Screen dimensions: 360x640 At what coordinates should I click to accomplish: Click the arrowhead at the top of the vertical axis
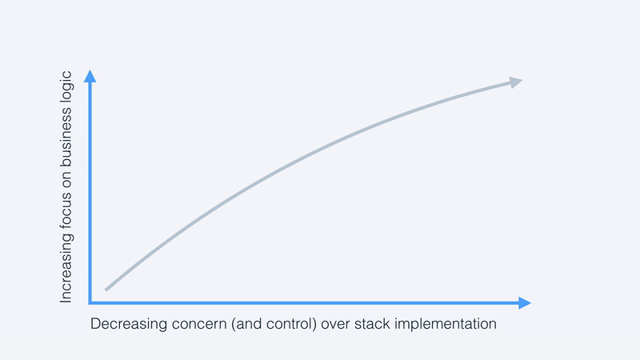(x=90, y=77)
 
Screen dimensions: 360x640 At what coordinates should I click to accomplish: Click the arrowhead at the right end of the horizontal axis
(x=524, y=302)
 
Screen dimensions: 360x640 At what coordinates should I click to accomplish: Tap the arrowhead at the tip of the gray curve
(x=515, y=82)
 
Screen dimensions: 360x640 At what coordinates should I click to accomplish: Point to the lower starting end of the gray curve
(x=106, y=289)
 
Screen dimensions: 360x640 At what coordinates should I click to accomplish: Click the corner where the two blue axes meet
(x=91, y=302)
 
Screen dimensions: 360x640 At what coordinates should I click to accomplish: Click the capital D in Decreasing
(x=95, y=325)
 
